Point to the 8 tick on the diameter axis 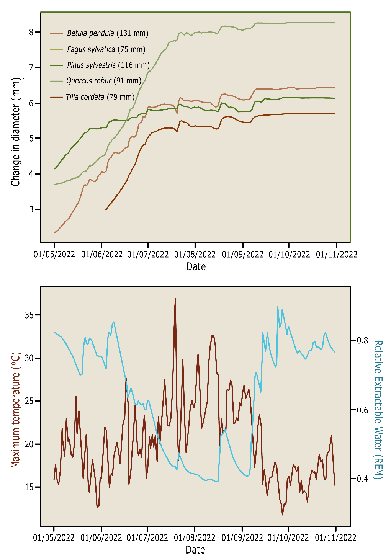[x=31, y=32]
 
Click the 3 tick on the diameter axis [x=31, y=209]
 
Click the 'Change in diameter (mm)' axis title [x=16, y=132]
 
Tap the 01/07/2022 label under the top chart [x=148, y=254]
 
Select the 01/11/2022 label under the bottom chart [x=335, y=537]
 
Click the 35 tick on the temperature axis [x=29, y=315]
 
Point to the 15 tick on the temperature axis [x=29, y=487]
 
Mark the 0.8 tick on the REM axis [x=362, y=340]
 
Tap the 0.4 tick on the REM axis [x=362, y=479]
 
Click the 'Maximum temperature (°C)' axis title [x=15, y=410]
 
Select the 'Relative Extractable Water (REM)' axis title [x=378, y=410]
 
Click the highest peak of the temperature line [x=175, y=299]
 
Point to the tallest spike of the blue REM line [x=278, y=307]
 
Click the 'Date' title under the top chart [x=196, y=266]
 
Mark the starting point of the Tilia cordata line [x=105, y=210]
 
